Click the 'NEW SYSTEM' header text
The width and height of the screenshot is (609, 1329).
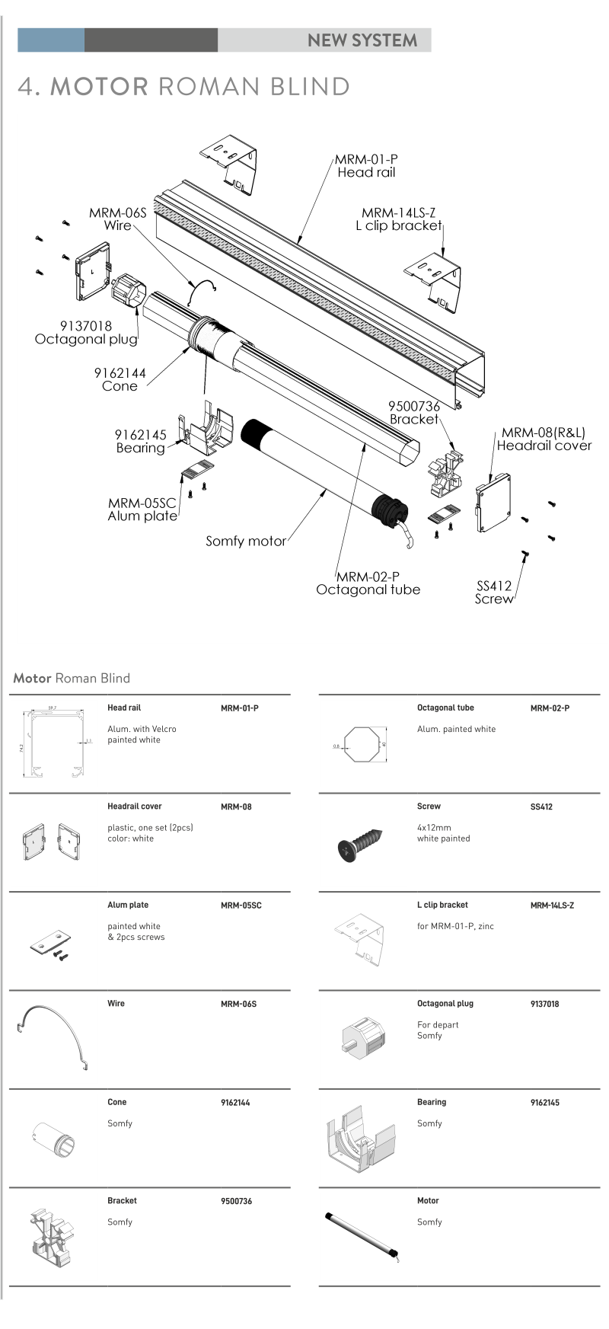coord(362,40)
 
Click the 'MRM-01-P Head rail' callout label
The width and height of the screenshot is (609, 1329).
coord(366,166)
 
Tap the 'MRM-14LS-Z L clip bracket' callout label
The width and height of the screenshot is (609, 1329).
coord(399,219)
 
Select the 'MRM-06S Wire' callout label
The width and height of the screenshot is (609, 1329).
coord(117,219)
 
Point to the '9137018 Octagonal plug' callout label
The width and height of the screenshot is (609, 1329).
coord(86,333)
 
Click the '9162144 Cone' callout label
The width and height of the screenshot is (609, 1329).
coord(120,379)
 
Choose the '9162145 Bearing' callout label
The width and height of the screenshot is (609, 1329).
coord(141,442)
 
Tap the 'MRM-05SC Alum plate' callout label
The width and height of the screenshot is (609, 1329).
coord(142,510)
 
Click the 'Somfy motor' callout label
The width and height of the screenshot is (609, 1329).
coord(246,542)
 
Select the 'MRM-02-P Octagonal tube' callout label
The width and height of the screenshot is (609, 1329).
coord(368,583)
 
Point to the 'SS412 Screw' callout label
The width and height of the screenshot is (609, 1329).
coord(494,593)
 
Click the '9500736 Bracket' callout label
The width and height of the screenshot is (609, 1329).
coord(414,413)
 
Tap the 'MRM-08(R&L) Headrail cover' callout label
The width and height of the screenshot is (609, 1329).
coord(544,439)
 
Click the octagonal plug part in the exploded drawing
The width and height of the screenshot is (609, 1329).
coord(127,292)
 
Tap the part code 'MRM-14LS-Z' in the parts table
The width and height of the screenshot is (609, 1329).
coord(552,906)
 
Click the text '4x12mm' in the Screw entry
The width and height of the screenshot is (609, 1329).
coord(434,828)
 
